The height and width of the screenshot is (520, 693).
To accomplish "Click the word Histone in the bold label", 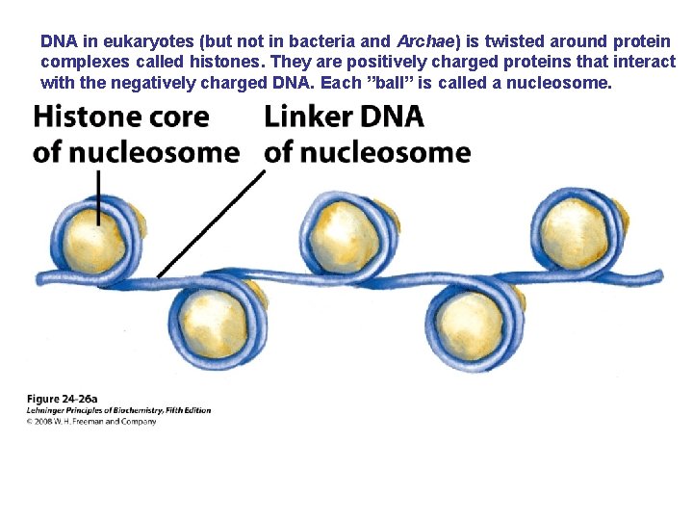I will point(87,117).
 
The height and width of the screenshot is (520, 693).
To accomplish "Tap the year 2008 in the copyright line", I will point(43,421).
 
